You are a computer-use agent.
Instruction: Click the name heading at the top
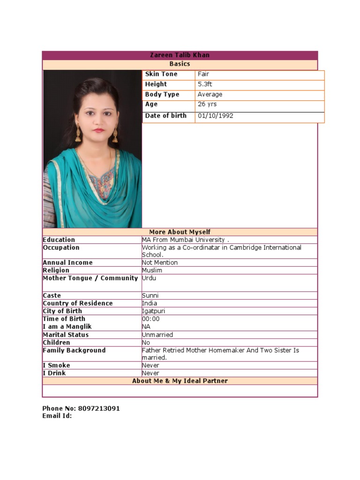180,55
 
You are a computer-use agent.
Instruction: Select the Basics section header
180,64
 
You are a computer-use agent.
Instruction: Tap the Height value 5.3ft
205,84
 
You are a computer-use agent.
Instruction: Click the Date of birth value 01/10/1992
215,116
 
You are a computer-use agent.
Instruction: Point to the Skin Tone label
161,74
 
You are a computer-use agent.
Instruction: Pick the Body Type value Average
210,95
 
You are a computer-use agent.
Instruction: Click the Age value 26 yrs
207,105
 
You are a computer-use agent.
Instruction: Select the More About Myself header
180,232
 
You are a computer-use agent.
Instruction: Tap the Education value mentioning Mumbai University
186,240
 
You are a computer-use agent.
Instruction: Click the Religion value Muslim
152,270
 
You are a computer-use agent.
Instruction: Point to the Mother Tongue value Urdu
149,278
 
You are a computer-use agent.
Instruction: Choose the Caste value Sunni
150,296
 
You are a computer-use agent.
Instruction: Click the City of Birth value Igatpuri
153,311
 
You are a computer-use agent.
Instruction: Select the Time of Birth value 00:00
150,319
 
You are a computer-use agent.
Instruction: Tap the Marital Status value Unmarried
157,335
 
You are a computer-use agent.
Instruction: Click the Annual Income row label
67,263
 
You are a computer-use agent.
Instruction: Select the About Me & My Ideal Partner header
180,381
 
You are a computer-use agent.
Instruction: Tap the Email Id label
57,416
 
